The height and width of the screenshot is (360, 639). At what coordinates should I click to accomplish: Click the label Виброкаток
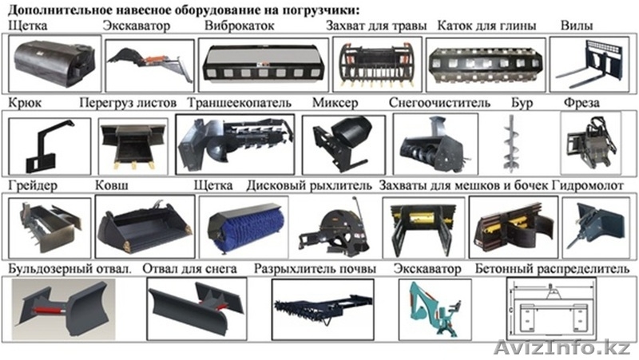coord(239,26)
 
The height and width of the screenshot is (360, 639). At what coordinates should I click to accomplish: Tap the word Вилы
coord(576,26)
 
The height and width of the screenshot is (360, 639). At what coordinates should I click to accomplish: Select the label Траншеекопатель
coord(239,104)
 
